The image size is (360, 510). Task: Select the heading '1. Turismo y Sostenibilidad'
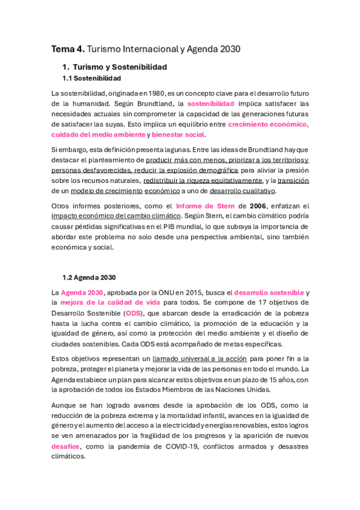[114, 67]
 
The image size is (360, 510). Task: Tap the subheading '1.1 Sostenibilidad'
[91, 78]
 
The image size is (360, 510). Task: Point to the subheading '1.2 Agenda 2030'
[90, 277]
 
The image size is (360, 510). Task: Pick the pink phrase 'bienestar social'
[180, 134]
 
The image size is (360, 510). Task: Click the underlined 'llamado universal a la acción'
[192, 358]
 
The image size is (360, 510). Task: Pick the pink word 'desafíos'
[66, 446]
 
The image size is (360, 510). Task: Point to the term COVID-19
[186, 446]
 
